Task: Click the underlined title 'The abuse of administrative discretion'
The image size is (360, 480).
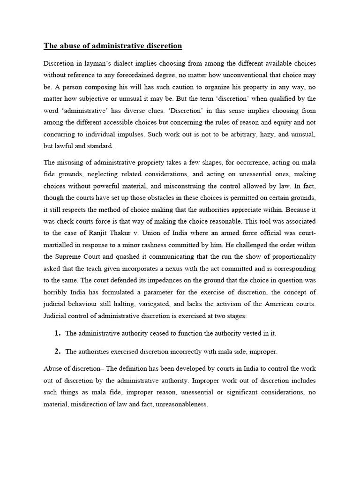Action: tap(112, 46)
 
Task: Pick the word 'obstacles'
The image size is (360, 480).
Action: tap(146, 210)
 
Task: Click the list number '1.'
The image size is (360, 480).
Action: tap(58, 333)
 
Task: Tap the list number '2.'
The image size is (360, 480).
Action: tap(58, 351)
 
